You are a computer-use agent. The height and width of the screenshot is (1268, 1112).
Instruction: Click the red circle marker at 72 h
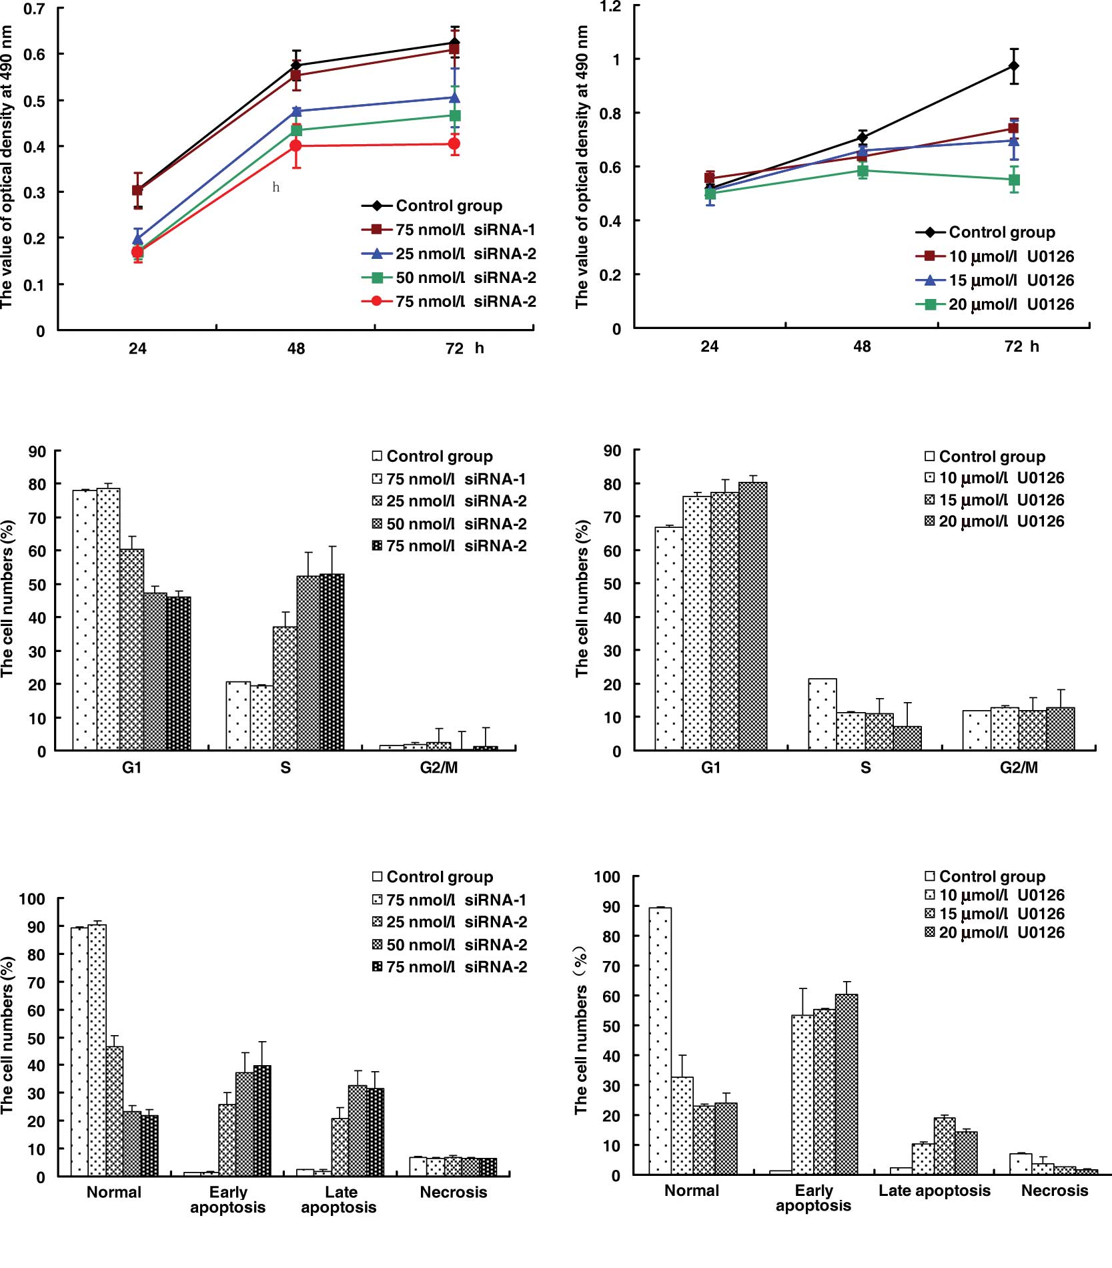tap(454, 144)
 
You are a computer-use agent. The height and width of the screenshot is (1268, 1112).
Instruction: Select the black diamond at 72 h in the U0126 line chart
tap(1014, 66)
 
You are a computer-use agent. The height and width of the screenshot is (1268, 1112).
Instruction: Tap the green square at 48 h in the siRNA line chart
tap(296, 130)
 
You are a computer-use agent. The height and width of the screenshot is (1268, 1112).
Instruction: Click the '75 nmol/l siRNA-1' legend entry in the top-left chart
tap(448, 230)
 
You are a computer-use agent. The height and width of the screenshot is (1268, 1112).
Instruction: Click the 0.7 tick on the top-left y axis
tap(35, 9)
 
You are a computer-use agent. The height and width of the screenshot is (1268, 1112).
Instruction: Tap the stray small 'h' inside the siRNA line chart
tap(275, 188)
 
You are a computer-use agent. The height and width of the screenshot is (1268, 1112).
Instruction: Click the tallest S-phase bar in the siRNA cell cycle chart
tap(332, 661)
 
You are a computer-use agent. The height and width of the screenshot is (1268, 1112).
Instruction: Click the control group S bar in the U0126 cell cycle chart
tap(822, 714)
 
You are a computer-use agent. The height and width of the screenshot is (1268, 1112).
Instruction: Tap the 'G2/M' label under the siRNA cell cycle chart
tap(439, 767)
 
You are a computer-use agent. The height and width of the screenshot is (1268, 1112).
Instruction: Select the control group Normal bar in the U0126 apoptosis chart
tap(660, 1040)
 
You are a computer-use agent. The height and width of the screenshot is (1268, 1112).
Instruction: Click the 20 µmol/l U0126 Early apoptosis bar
tap(847, 1084)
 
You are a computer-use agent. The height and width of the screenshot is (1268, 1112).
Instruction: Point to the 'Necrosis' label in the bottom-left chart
tap(454, 1192)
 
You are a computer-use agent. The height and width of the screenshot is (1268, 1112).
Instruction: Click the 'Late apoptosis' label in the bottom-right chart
tap(934, 1191)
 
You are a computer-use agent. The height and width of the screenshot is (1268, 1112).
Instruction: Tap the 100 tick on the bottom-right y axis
tap(606, 877)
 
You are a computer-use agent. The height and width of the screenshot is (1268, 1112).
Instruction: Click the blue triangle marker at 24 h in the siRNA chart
tap(137, 238)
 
